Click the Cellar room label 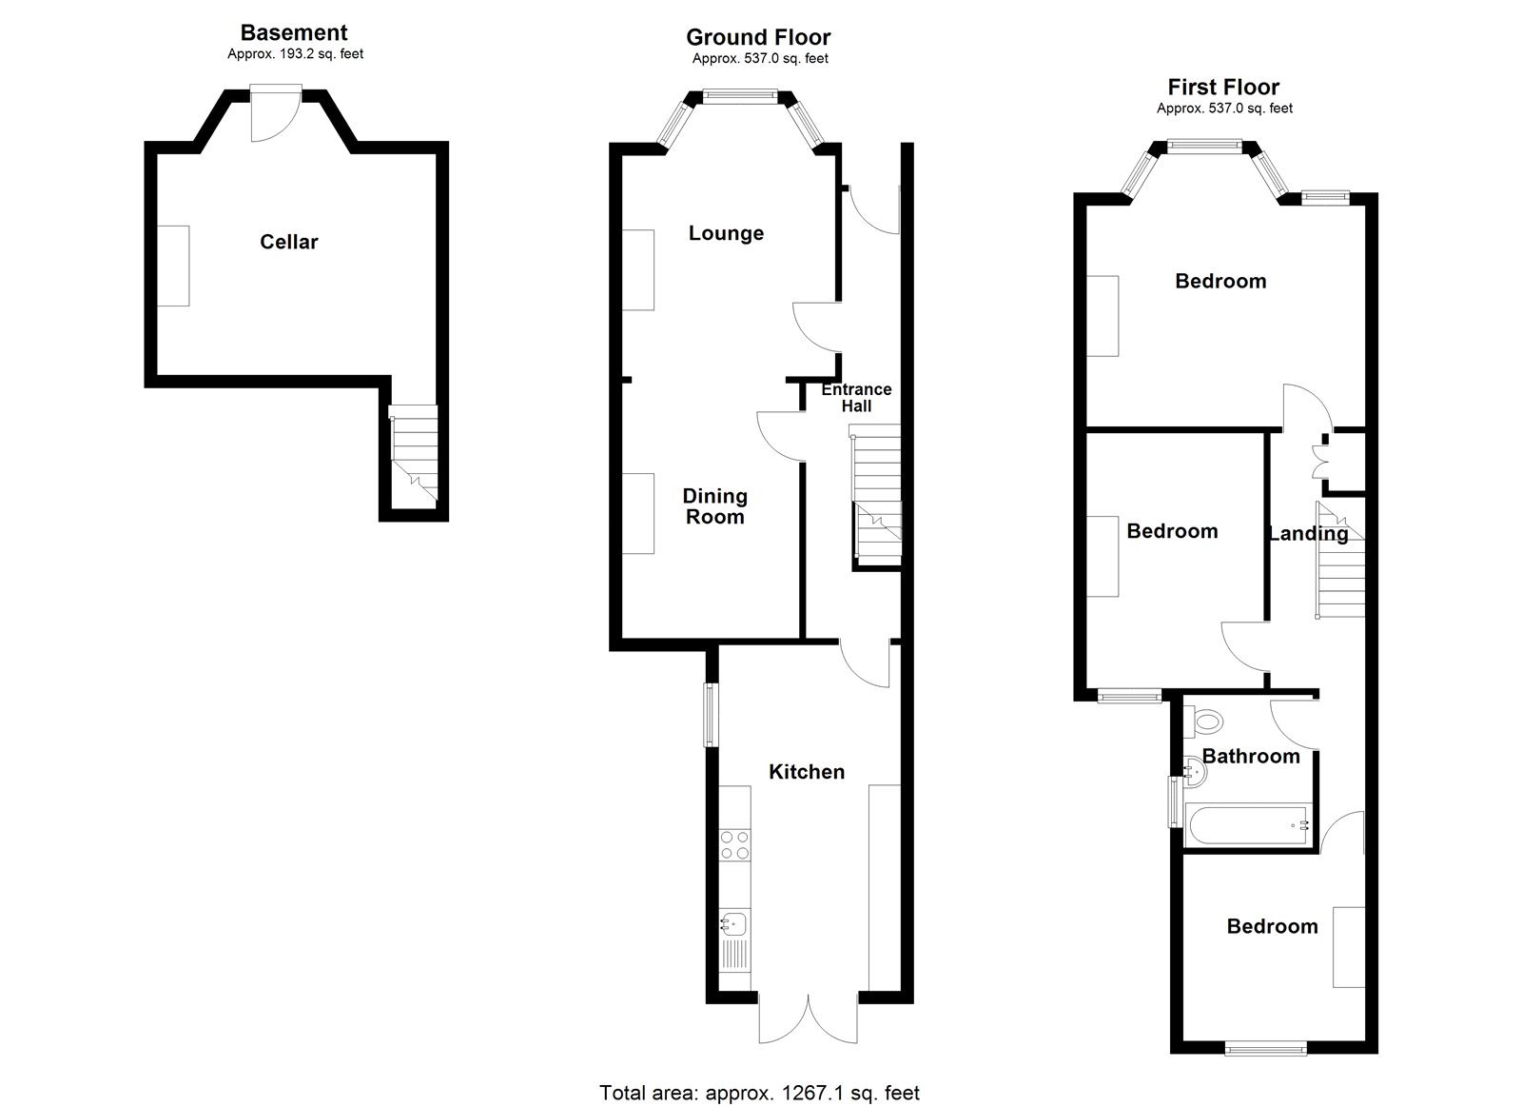[289, 242]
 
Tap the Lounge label [726, 233]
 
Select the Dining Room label [714, 506]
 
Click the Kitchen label [807, 771]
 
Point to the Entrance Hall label [856, 397]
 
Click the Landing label [1308, 533]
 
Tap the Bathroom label [1251, 756]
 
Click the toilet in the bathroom [1205, 721]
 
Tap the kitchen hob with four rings [735, 845]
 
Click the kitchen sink [735, 923]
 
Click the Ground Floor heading [758, 38]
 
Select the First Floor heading [1223, 88]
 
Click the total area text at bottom [759, 1093]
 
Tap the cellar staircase [415, 452]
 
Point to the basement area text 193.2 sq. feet [295, 54]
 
